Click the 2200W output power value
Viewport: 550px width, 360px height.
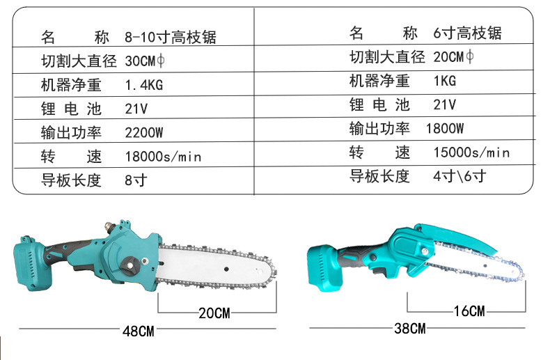144,132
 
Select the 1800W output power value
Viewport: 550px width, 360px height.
445,128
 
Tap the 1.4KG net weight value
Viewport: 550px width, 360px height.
144,85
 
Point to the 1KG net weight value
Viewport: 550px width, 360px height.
445,81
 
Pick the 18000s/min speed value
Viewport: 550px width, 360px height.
163,157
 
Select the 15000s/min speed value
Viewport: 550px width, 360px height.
471,152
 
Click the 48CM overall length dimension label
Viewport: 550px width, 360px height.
139,331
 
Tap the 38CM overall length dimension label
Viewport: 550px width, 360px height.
409,329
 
